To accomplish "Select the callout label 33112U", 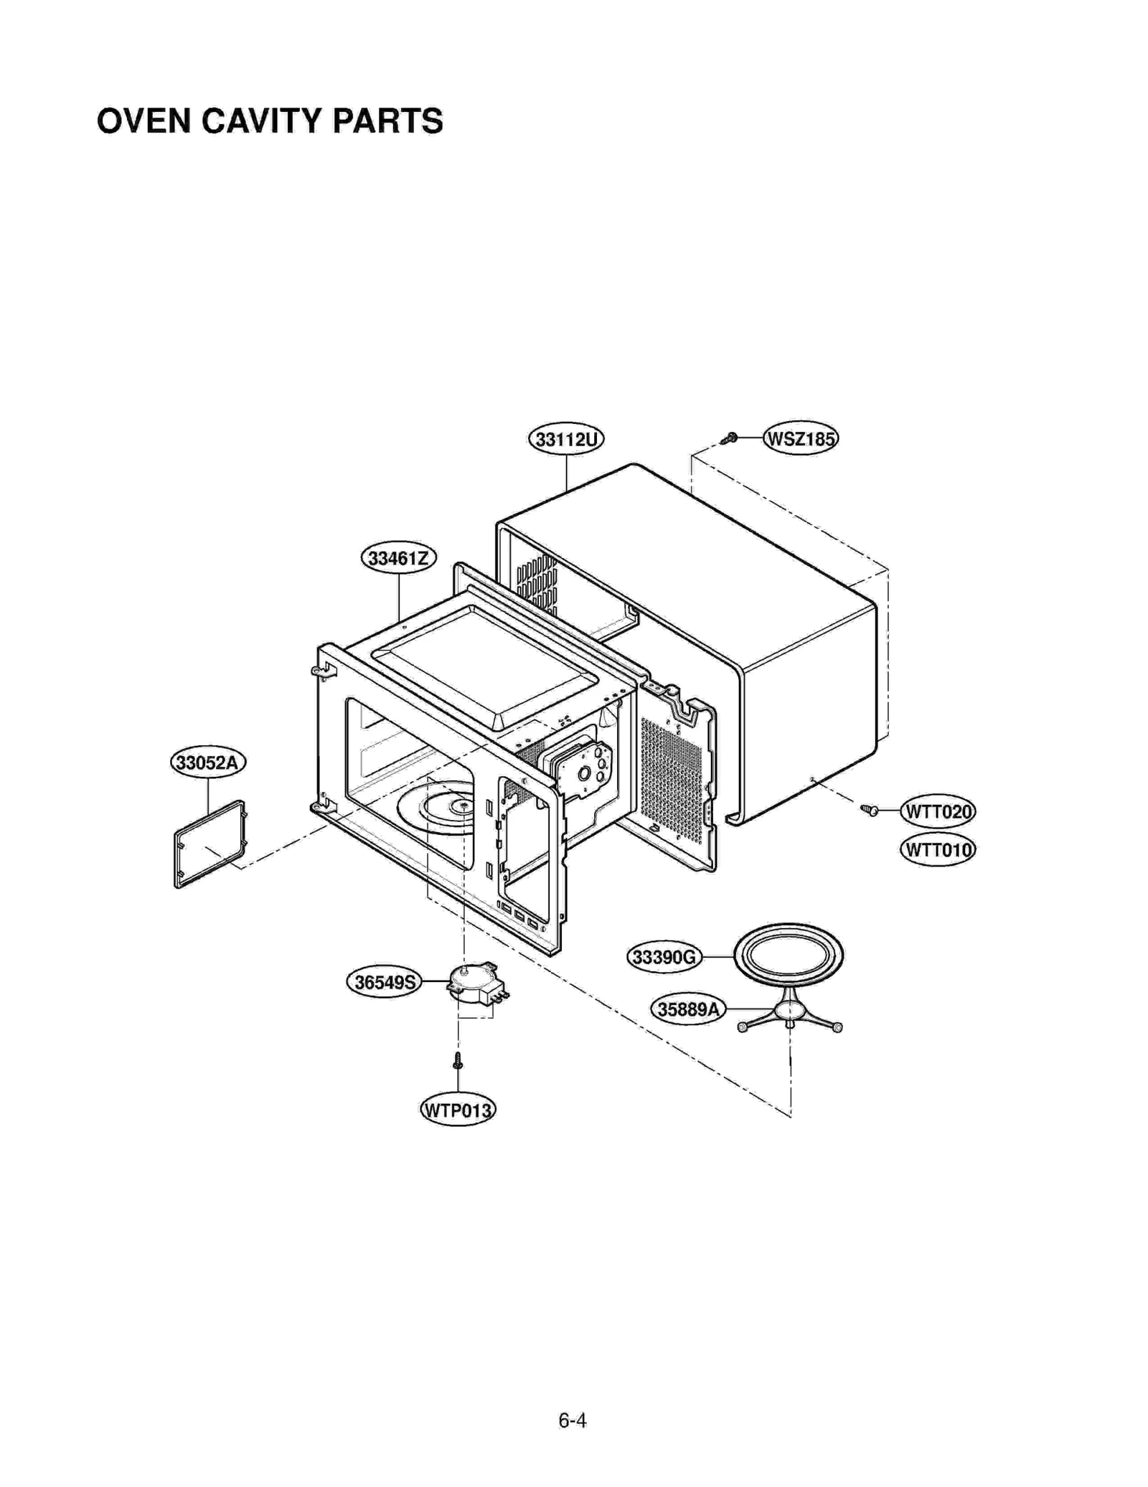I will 565,438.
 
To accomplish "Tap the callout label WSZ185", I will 800,438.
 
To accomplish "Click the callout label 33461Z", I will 398,557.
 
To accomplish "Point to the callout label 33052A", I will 207,762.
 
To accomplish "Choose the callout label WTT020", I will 937,811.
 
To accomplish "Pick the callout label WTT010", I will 937,850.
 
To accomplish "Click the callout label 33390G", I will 664,957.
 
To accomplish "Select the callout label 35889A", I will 687,1009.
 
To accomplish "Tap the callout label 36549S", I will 385,981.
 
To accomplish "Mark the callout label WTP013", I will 457,1110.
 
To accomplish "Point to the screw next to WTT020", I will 870,810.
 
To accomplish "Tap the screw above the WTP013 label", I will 458,1059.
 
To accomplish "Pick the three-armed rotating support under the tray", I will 789,1011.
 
